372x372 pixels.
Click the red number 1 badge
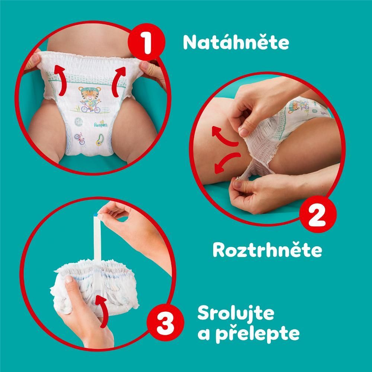[x=146, y=42]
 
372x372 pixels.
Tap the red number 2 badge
[x=318, y=214]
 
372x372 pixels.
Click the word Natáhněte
[x=236, y=42]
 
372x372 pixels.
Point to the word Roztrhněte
[x=267, y=250]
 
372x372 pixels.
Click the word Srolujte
[x=236, y=313]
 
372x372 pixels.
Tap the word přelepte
[x=257, y=334]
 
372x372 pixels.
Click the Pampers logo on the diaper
[x=101, y=124]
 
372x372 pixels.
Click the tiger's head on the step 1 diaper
[x=90, y=93]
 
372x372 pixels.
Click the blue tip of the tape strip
[x=96, y=215]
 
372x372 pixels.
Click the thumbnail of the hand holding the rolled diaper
[x=69, y=279]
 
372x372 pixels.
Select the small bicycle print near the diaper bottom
[x=80, y=139]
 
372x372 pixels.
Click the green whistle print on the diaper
[x=100, y=140]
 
